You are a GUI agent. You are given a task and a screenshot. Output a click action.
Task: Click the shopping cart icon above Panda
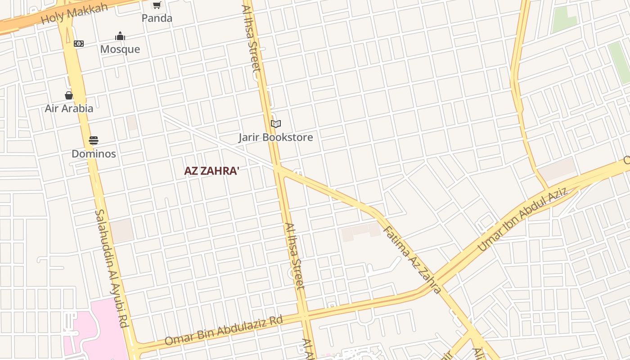click(157, 5)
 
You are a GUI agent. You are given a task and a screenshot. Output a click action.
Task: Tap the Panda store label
click(157, 18)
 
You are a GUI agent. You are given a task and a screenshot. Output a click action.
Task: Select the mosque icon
click(120, 36)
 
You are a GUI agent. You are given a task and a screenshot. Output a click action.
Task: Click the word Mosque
click(120, 49)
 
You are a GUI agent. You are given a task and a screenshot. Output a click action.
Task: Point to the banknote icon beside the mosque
click(79, 44)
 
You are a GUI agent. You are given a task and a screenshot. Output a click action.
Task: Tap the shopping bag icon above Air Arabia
click(69, 95)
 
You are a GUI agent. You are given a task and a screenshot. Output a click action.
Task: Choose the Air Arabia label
click(69, 108)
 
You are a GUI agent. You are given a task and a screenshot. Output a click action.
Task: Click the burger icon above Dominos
click(94, 140)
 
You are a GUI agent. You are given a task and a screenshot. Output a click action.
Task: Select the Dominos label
click(94, 154)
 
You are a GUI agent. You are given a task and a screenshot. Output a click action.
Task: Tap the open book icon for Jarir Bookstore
click(276, 124)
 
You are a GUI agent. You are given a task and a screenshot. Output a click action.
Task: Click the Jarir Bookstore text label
click(276, 137)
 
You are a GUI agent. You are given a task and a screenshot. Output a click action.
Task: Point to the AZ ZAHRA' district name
click(211, 171)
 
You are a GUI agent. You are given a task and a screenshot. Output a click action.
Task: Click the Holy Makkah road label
click(74, 13)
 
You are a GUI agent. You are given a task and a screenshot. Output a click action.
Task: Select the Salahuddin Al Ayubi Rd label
click(112, 268)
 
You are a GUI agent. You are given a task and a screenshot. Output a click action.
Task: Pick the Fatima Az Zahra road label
click(412, 260)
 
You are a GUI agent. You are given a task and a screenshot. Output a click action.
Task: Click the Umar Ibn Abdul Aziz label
click(522, 219)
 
